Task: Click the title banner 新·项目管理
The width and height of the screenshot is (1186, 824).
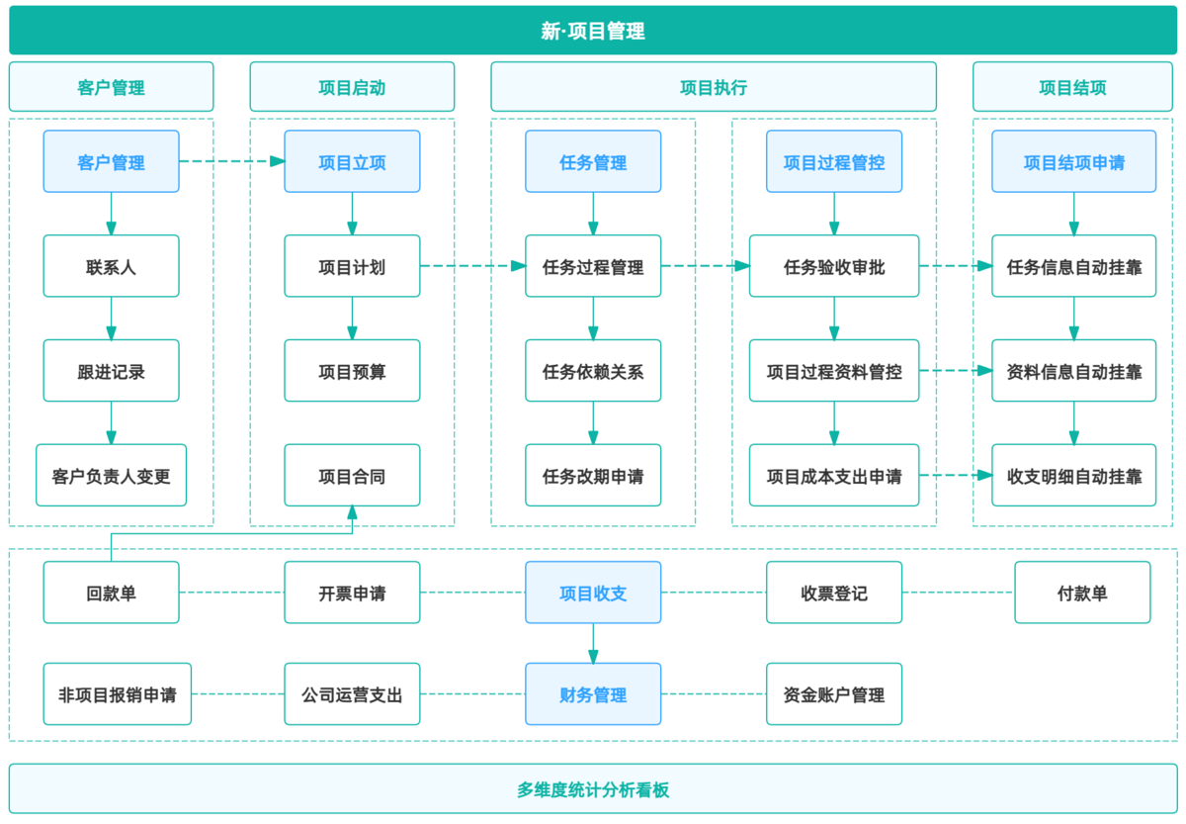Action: (593, 31)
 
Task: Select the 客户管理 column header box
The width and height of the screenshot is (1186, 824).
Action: (111, 87)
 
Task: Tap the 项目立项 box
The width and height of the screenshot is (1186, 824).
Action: (352, 161)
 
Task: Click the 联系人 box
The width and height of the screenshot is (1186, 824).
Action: (111, 266)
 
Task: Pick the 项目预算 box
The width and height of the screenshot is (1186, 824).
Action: (352, 371)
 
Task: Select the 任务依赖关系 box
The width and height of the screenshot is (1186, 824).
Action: (593, 371)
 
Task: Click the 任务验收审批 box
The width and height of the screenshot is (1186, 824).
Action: (833, 266)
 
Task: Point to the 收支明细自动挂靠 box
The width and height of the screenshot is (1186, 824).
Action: (1073, 476)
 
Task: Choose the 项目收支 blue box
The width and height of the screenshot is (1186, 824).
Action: (593, 593)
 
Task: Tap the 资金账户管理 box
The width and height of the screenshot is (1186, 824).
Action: (833, 694)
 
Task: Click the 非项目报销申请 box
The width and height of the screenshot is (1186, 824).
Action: (117, 694)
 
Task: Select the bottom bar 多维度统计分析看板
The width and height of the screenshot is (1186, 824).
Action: (593, 789)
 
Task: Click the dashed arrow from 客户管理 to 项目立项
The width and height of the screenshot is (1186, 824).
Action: (231, 161)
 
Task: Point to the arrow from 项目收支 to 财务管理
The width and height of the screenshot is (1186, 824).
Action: (593, 643)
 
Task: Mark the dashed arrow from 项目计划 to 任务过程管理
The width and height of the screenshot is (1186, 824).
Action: (472, 266)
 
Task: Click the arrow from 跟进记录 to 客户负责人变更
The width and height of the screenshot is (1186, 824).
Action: (111, 422)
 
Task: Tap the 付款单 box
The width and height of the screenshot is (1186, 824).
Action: (1082, 593)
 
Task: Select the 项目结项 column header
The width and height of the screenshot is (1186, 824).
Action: (1072, 87)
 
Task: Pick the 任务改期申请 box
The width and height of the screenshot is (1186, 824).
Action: (593, 476)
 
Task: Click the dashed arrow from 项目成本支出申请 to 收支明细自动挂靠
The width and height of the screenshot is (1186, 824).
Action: (955, 476)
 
